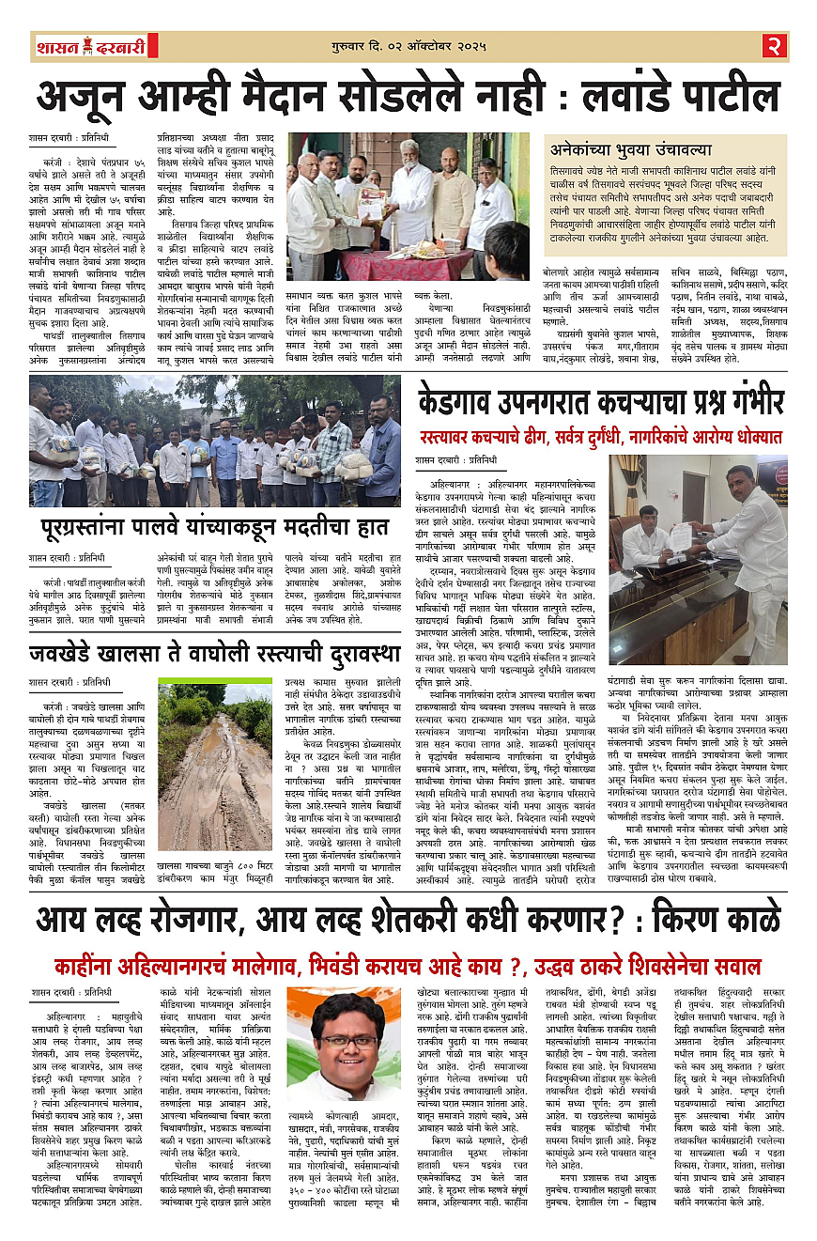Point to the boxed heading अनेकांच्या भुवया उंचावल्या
[x=630, y=149]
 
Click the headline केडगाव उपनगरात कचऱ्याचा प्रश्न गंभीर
[x=601, y=403]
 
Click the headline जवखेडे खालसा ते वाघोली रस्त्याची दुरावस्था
[x=215, y=652]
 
